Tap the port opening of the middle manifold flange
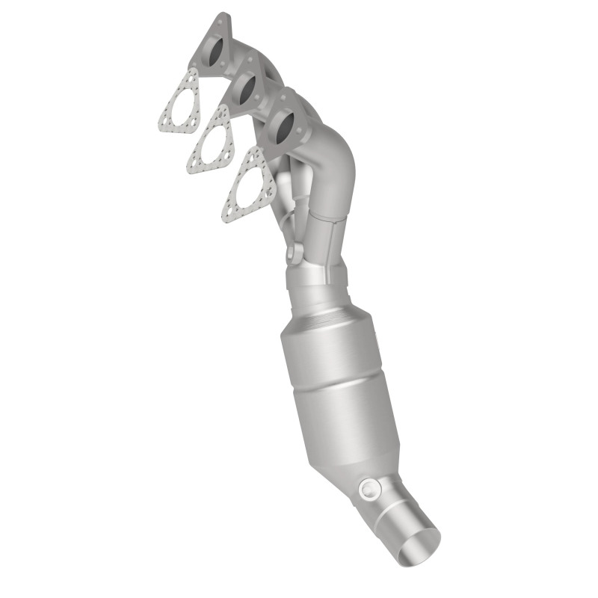pos(246,88)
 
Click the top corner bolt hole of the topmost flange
pos(218,20)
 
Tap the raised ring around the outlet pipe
pos(396,516)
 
